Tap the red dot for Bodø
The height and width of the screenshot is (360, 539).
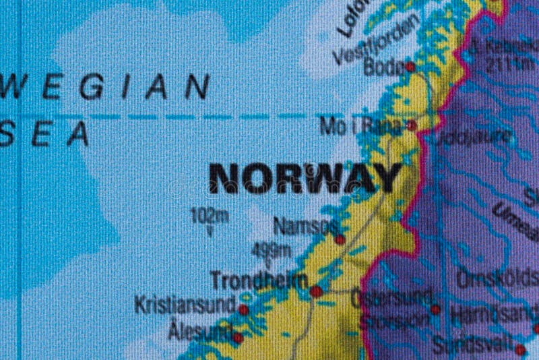(x=410, y=66)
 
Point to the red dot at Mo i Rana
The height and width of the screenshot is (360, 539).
(x=412, y=125)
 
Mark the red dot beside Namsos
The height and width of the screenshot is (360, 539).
(x=340, y=239)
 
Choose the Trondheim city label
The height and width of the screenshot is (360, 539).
(x=259, y=280)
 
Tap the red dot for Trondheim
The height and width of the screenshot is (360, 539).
(x=316, y=291)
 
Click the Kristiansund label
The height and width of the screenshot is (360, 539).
(x=185, y=305)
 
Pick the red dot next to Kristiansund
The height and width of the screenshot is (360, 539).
(x=243, y=309)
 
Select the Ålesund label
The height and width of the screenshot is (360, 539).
(x=199, y=332)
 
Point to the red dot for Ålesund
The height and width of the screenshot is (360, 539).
(x=237, y=338)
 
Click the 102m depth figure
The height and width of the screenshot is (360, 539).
(x=210, y=216)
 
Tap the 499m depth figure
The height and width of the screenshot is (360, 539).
(x=271, y=250)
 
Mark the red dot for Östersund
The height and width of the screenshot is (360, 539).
(x=435, y=309)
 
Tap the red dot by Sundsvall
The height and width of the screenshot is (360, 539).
(x=519, y=350)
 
